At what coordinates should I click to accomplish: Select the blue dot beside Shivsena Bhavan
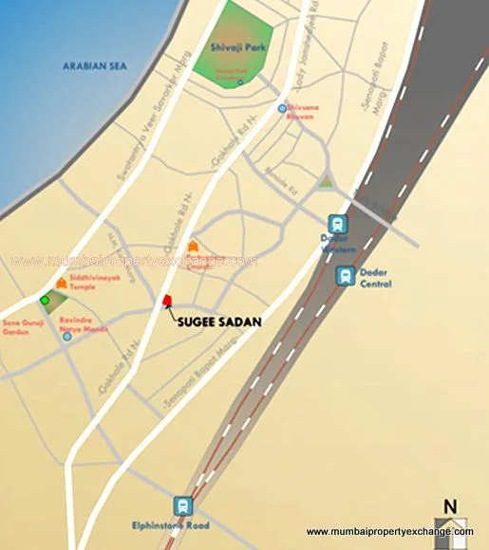pos(282,109)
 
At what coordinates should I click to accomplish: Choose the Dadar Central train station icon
pos(346,276)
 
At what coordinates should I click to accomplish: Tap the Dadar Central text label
pos(373,277)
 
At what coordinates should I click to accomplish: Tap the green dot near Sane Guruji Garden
pos(44,301)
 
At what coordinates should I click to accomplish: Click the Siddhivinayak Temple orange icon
pos(63,284)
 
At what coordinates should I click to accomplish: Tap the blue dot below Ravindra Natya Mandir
pos(66,337)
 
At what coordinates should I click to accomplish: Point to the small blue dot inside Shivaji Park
pos(240,82)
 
